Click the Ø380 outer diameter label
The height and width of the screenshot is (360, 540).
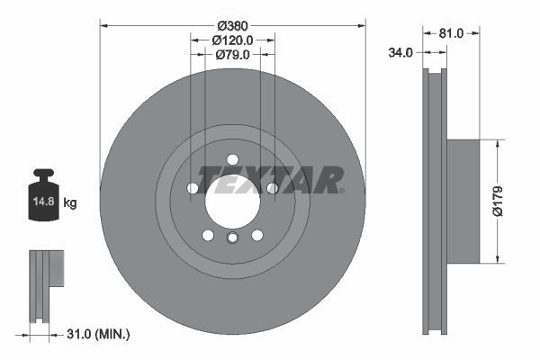(232, 25)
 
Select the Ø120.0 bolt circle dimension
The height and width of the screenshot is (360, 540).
(232, 40)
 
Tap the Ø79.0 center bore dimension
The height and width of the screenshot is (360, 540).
(232, 55)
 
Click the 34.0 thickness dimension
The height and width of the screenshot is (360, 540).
(400, 53)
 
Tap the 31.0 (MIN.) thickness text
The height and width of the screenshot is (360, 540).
(100, 335)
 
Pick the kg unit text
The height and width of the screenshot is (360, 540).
(69, 203)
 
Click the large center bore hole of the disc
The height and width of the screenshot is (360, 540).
(232, 200)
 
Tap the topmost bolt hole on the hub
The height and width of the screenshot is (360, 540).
(232, 159)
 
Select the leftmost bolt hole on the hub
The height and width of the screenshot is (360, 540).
(193, 188)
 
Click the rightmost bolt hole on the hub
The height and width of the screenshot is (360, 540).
(272, 188)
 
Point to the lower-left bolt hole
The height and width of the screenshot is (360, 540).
(208, 235)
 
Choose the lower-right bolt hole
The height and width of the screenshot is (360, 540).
(256, 235)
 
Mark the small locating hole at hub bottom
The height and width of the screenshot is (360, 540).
(232, 238)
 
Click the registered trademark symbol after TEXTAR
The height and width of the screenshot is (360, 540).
(342, 190)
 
